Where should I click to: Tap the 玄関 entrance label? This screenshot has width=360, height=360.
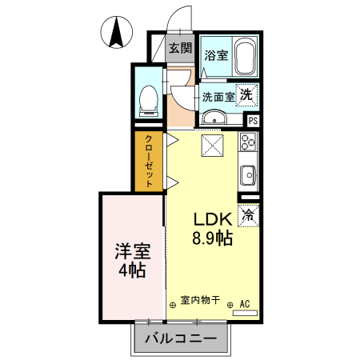point(180,48)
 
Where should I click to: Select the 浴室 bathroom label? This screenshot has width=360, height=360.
point(215,56)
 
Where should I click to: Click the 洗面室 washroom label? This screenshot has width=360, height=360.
point(217,97)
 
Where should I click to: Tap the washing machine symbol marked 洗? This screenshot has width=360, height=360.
point(248,94)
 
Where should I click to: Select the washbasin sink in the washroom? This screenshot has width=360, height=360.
point(214,119)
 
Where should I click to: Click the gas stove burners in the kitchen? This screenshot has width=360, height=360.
point(247,144)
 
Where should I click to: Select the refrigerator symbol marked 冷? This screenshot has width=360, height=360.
point(248,214)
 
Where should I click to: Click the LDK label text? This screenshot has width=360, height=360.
point(211,219)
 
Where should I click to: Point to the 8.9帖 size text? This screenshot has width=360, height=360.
point(211,238)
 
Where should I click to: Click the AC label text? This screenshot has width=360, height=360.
point(246,303)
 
